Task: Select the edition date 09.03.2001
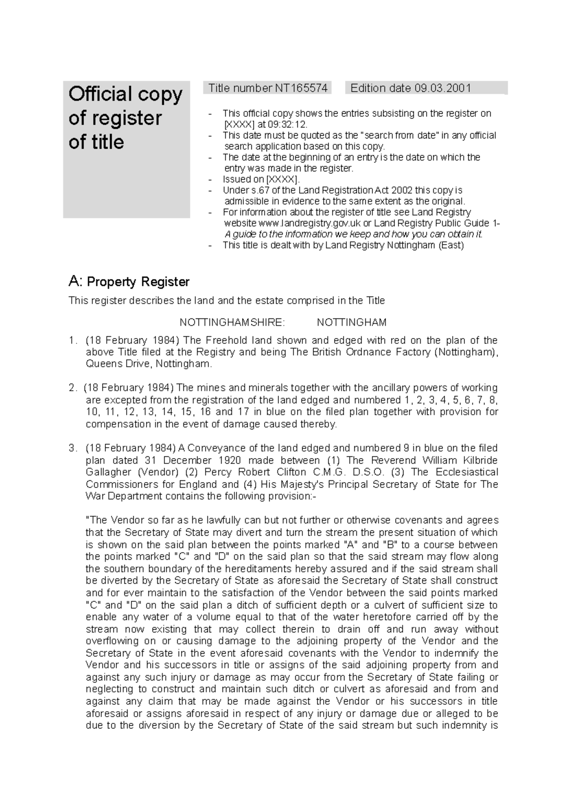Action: click(443, 88)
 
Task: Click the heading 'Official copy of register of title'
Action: click(125, 118)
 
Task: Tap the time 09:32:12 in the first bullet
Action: click(283, 125)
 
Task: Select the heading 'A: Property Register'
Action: click(129, 282)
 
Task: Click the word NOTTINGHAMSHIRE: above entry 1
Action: click(232, 323)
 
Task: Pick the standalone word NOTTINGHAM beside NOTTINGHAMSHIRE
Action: click(352, 323)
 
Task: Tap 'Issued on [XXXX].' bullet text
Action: click(261, 179)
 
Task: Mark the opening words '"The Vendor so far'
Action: click(126, 520)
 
